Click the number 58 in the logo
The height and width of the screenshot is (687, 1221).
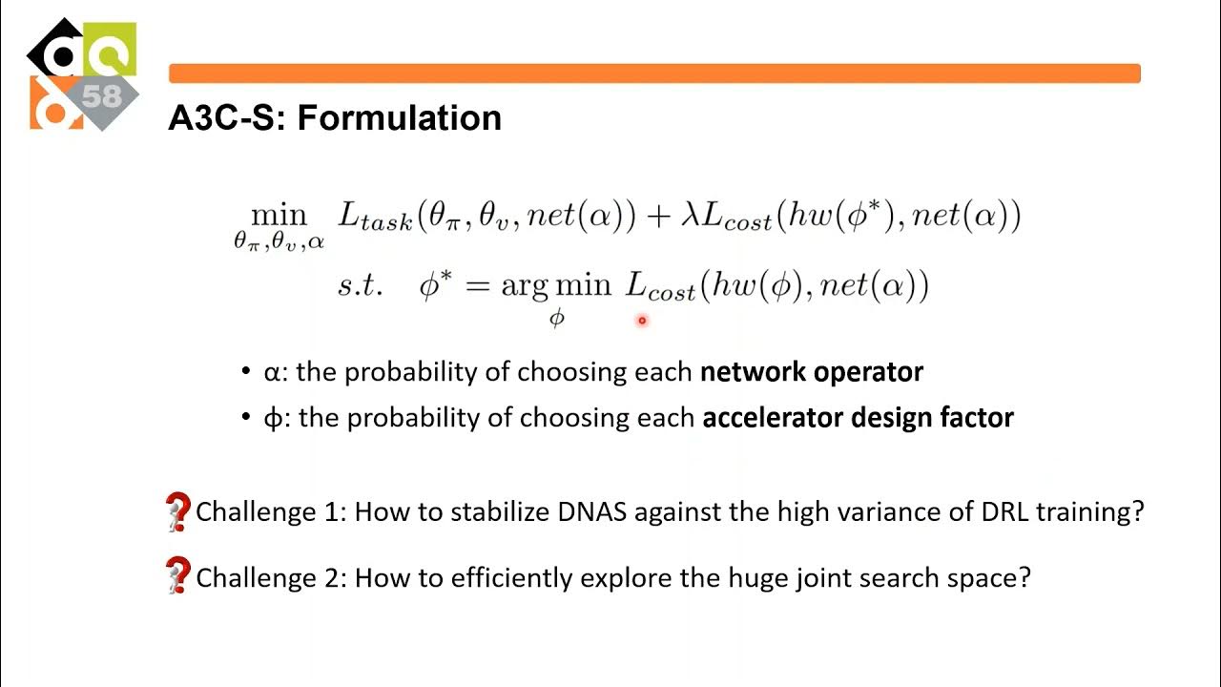click(x=102, y=96)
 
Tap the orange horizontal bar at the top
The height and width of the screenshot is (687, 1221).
click(x=654, y=73)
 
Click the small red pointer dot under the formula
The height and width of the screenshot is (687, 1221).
click(x=642, y=321)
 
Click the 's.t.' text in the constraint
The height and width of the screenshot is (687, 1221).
click(x=361, y=285)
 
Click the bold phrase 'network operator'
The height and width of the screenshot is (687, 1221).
click(x=811, y=371)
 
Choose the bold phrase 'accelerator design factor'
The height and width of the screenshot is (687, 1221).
click(x=858, y=417)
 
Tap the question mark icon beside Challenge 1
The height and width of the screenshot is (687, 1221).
click(x=177, y=512)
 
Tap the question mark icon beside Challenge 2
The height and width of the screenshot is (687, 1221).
click(x=177, y=577)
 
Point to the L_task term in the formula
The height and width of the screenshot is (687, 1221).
click(x=375, y=217)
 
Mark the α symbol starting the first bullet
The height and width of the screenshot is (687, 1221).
click(x=272, y=372)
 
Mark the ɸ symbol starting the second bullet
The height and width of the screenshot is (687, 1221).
click(x=273, y=418)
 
